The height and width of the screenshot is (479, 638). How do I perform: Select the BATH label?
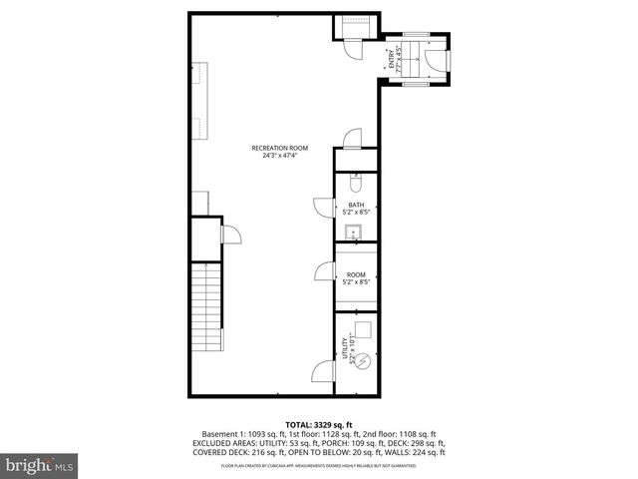[x=356, y=205]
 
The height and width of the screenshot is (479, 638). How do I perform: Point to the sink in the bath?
[x=352, y=233]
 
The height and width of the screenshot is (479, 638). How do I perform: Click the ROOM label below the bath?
[x=356, y=274]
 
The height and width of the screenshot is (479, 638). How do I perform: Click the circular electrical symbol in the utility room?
[x=364, y=360]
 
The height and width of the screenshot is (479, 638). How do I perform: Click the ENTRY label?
[x=392, y=60]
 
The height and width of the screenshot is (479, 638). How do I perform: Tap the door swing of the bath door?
[x=323, y=206]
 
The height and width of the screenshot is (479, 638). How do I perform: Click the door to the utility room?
[x=323, y=372]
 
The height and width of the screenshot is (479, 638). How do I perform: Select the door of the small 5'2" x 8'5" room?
[x=323, y=271]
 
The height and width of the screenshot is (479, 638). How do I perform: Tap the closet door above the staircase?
[x=229, y=236]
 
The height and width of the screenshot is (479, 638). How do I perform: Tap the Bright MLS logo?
[x=40, y=465]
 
